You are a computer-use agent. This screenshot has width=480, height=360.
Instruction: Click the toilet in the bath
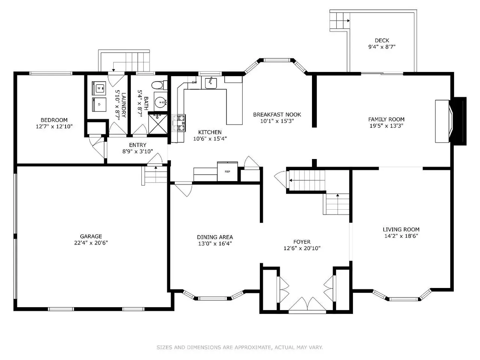pyautogui.click(x=159, y=85)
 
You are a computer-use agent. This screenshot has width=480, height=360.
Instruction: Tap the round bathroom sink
pyautogui.click(x=161, y=102)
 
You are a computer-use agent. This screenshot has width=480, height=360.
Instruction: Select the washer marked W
pyautogui.click(x=99, y=88)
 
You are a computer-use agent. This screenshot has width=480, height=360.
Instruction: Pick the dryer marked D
pyautogui.click(x=99, y=105)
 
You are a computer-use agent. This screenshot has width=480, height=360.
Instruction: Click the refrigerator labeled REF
pyautogui.click(x=227, y=171)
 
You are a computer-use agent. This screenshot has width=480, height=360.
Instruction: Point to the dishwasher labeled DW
pyautogui.click(x=194, y=82)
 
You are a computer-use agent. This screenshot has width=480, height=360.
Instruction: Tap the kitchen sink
pyautogui.click(x=211, y=82)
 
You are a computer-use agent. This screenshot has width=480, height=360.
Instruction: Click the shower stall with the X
pyautogui.click(x=158, y=124)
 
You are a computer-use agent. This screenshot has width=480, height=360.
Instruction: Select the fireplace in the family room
pyautogui.click(x=450, y=121)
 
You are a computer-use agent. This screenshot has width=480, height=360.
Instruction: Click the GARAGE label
pyautogui.click(x=91, y=236)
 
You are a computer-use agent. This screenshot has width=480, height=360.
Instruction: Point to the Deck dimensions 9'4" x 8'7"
pyautogui.click(x=382, y=47)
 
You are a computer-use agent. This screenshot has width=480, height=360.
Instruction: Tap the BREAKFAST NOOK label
pyautogui.click(x=277, y=114)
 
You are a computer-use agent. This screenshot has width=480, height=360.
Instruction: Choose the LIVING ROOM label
pyautogui.click(x=401, y=229)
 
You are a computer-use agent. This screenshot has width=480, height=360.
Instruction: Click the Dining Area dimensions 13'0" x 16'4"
pyautogui.click(x=215, y=243)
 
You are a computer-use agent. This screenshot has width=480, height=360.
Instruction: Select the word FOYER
pyautogui.click(x=302, y=242)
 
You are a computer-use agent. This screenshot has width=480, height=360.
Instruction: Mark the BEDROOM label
pyautogui.click(x=54, y=120)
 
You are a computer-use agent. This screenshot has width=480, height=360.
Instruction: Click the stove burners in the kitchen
pyautogui.click(x=178, y=123)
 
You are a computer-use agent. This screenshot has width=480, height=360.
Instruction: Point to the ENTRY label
pyautogui.click(x=138, y=145)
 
